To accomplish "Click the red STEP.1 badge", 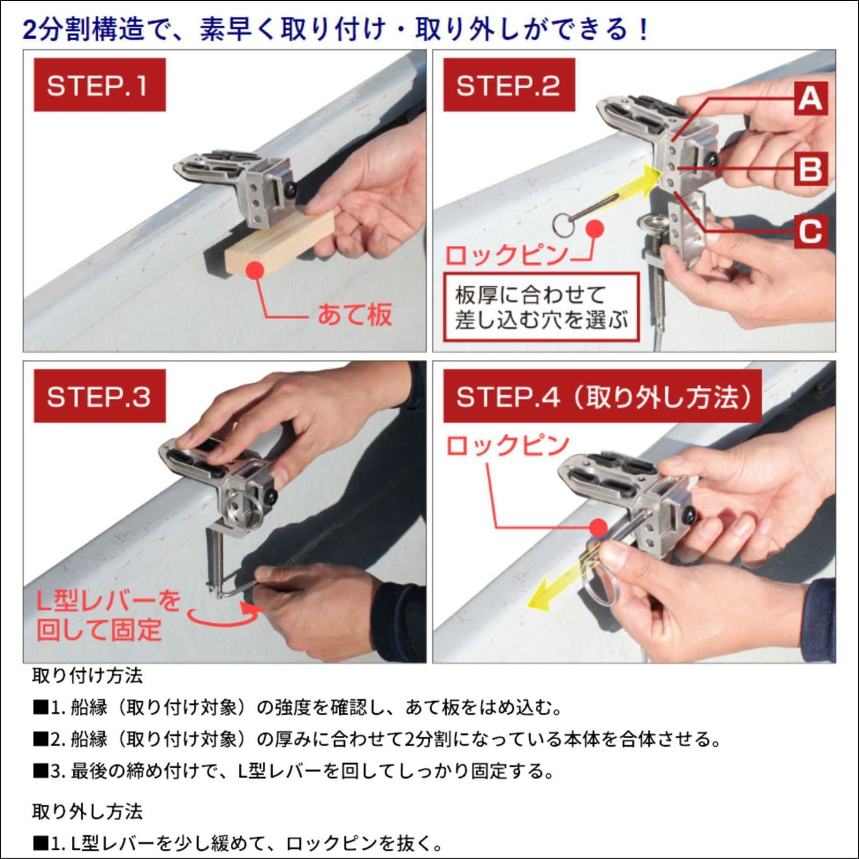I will pos(99,85).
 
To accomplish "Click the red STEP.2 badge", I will pos(508,85).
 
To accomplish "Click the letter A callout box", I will pos(810,99).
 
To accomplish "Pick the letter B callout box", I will pos(810,168).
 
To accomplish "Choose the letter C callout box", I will pos(810,231).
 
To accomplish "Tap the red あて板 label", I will pos(355,315).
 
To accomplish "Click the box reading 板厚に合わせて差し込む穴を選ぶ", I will pos(541,308).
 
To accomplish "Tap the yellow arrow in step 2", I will pos(634,188).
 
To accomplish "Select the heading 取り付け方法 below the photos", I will pos(87,675).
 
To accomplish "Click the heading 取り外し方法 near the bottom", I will pos(87,812).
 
